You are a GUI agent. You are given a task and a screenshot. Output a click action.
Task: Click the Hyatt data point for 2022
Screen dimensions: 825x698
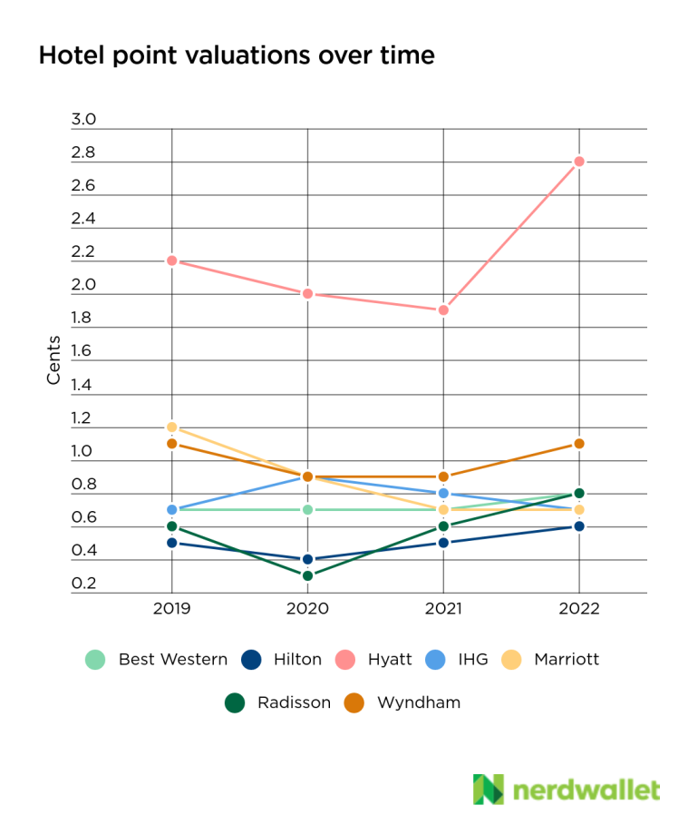pyautogui.click(x=579, y=162)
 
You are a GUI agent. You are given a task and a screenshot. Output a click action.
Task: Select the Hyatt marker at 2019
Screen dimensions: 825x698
pyautogui.click(x=172, y=260)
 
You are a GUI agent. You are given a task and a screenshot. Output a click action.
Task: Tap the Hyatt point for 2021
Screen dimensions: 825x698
pyautogui.click(x=443, y=310)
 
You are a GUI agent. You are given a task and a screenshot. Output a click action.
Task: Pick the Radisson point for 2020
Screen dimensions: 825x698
pyautogui.click(x=307, y=575)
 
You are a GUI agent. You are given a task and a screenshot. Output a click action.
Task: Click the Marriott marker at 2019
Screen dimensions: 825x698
pyautogui.click(x=172, y=427)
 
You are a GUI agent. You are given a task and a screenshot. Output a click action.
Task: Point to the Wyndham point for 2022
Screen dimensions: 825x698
pyautogui.click(x=579, y=444)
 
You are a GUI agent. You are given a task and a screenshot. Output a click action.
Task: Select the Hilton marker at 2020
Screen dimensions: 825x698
pyautogui.click(x=307, y=559)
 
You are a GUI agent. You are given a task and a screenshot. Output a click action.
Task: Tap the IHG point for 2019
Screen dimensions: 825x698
pyautogui.click(x=172, y=510)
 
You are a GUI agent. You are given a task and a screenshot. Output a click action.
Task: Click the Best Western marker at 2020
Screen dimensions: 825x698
pyautogui.click(x=307, y=510)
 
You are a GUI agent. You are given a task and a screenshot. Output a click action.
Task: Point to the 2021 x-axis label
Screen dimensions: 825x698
pyautogui.click(x=443, y=610)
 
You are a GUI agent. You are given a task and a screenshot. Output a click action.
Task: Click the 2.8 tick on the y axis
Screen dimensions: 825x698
pyautogui.click(x=83, y=153)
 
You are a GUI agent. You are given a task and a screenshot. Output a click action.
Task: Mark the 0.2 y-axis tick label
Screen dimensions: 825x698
pyautogui.click(x=83, y=584)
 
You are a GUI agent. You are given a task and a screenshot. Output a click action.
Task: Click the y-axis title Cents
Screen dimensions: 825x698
pyautogui.click(x=54, y=359)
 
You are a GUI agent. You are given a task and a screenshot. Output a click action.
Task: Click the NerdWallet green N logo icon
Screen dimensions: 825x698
pyautogui.click(x=488, y=790)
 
